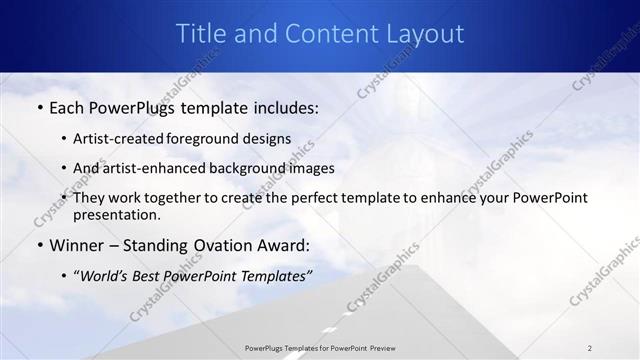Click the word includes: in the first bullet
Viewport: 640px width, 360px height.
tap(281, 107)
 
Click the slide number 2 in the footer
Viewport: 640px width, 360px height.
tap(589, 348)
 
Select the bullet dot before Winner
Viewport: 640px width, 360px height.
tap(39, 246)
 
